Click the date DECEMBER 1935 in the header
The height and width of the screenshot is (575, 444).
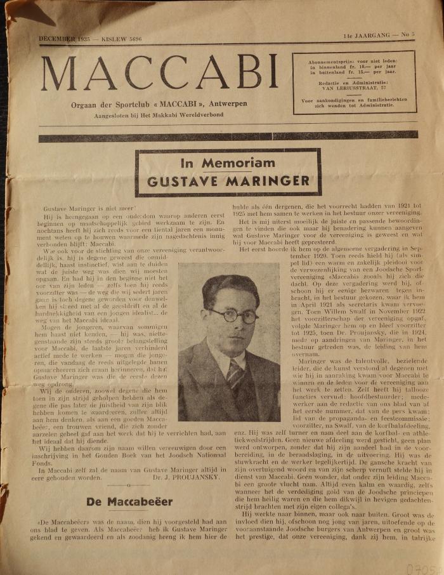(x=64, y=39)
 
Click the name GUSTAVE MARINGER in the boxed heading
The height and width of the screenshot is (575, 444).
(x=228, y=181)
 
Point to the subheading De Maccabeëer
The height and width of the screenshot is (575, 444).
(x=121, y=501)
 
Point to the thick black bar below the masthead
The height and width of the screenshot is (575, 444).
(x=228, y=136)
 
